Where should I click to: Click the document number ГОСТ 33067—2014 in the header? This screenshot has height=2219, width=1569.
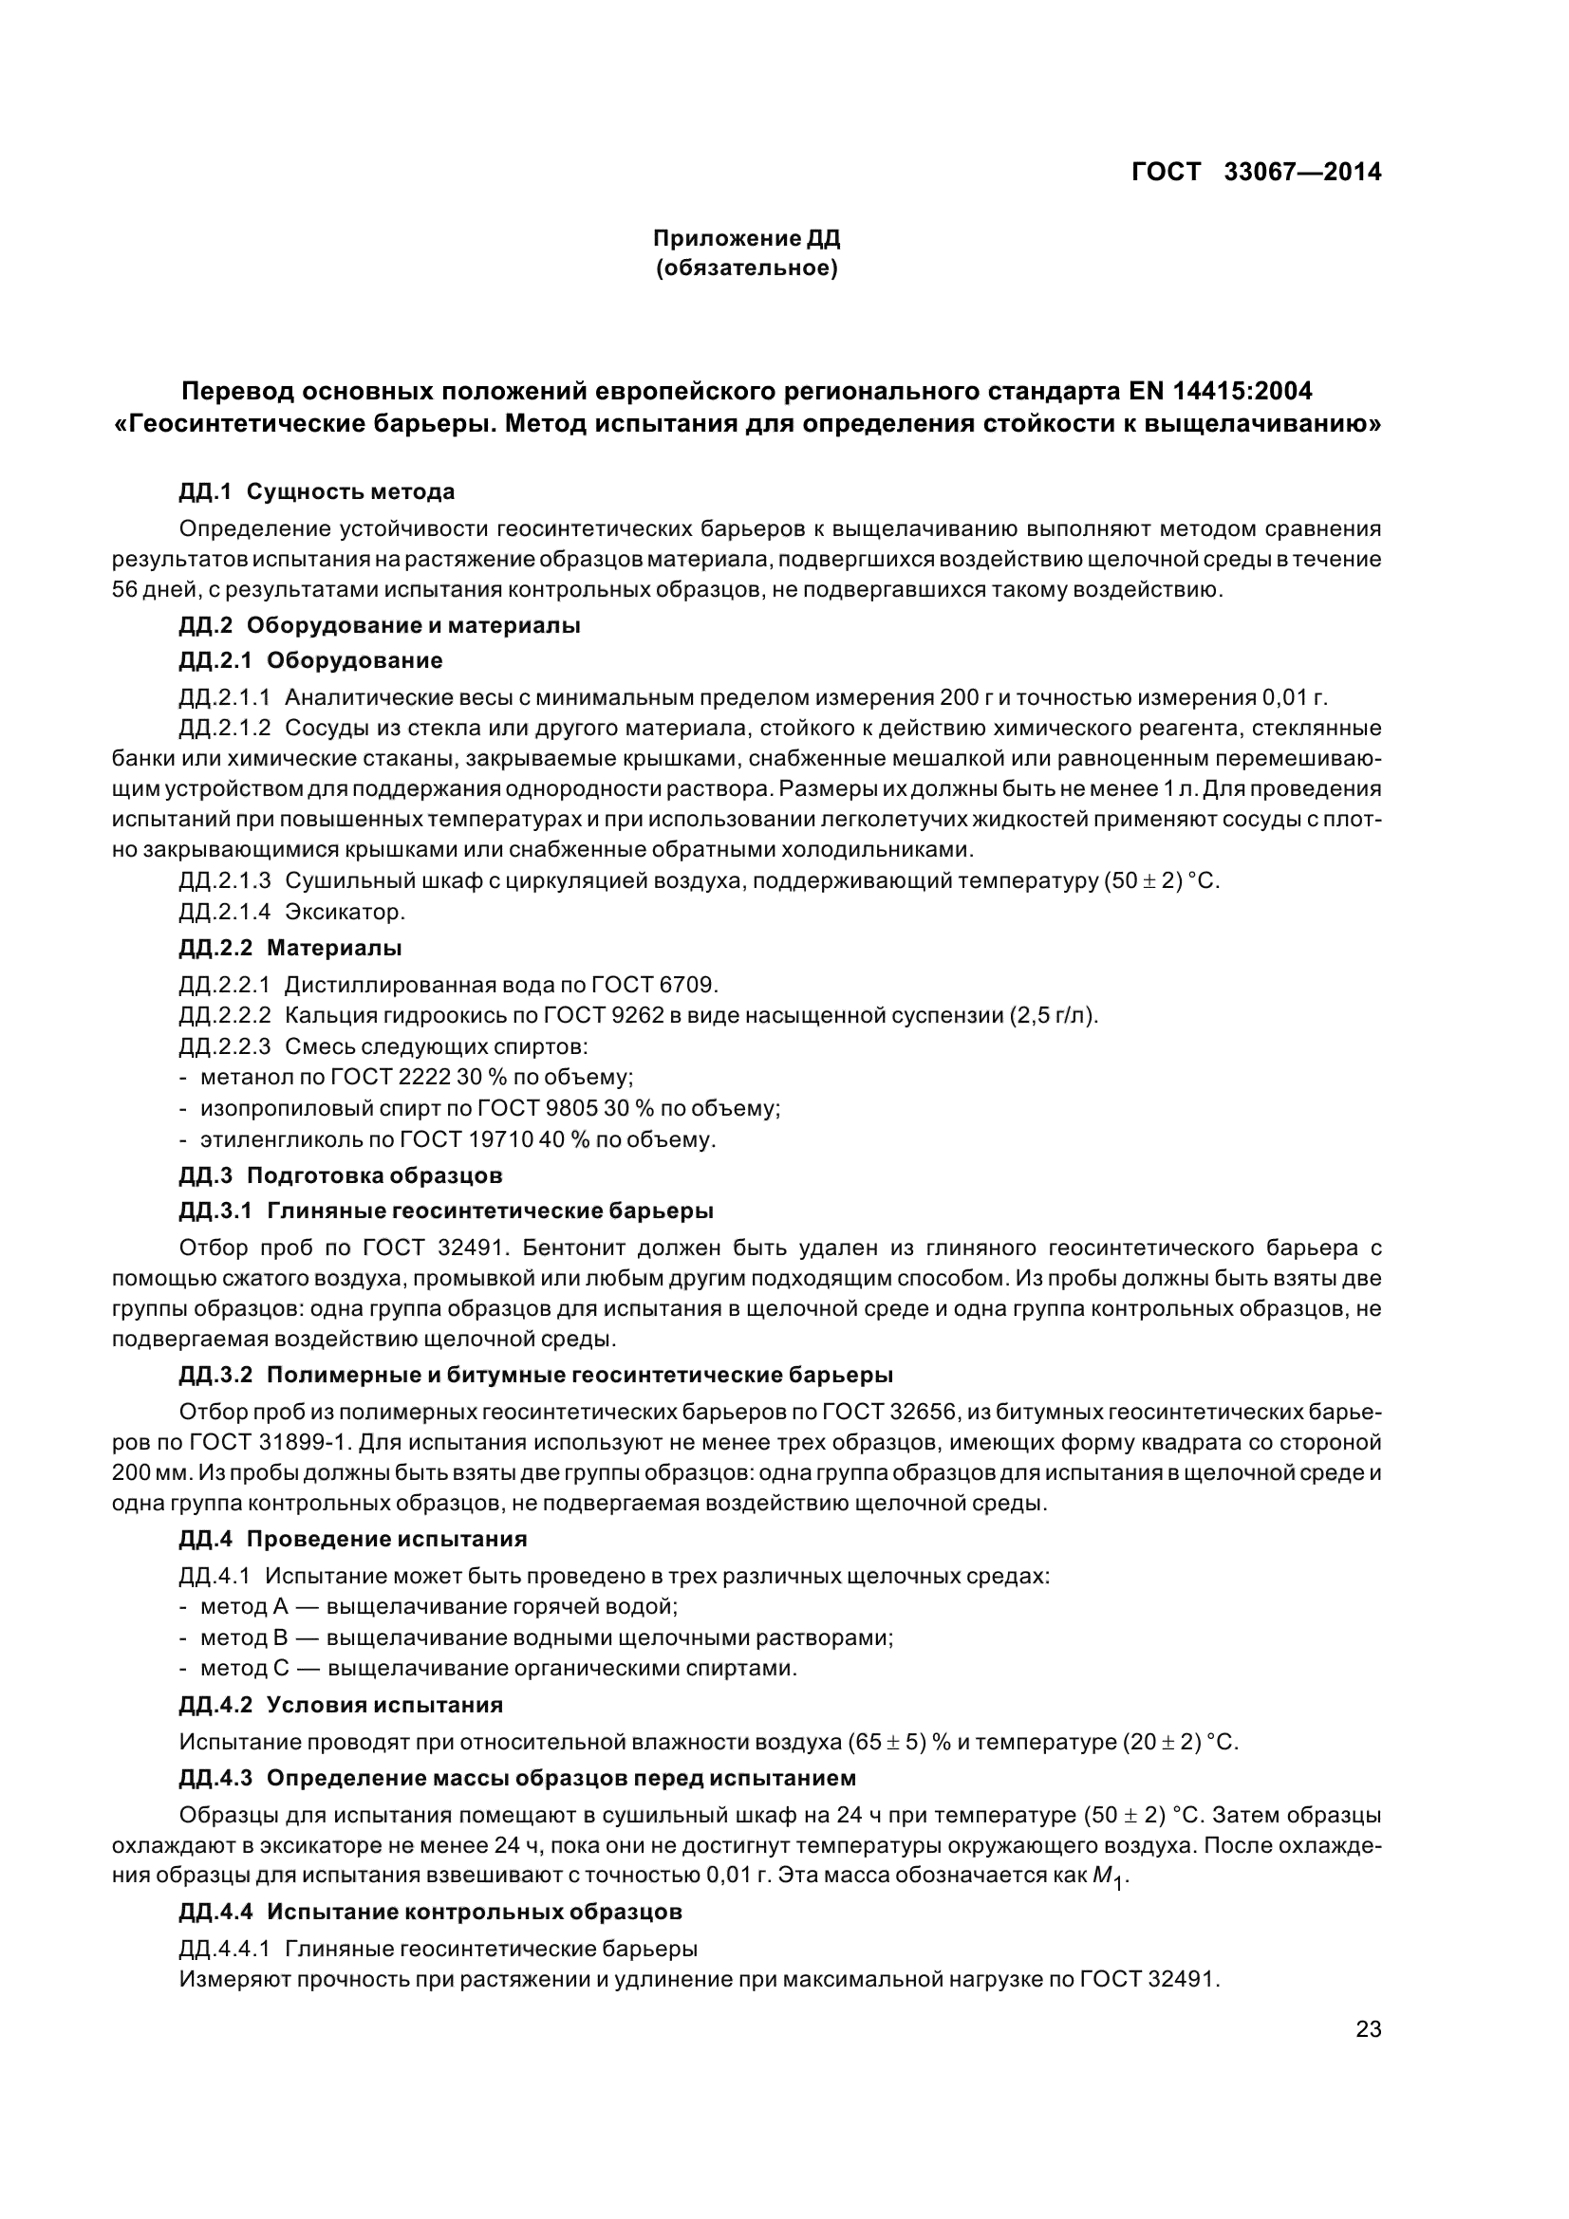[x=1256, y=172]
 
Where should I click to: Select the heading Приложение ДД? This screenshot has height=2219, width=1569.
[x=746, y=238]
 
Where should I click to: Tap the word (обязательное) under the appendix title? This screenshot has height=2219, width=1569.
[x=746, y=268]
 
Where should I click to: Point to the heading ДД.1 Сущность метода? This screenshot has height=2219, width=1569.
[x=316, y=492]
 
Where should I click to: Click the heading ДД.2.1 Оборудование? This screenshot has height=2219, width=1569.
[x=310, y=660]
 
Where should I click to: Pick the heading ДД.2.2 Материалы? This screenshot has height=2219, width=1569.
[x=290, y=948]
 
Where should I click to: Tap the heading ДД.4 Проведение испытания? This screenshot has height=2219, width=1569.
[x=353, y=1539]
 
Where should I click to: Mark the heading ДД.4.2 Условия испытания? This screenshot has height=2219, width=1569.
[x=341, y=1705]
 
